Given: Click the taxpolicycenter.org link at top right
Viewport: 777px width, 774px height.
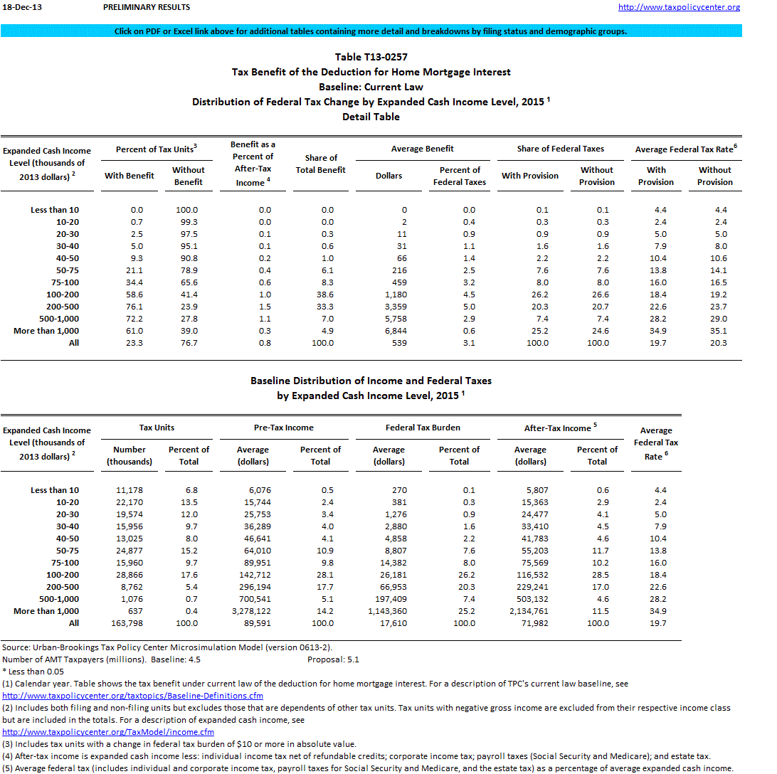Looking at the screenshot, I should point(679,7).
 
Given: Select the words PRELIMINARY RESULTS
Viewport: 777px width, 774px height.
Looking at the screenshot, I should point(147,7).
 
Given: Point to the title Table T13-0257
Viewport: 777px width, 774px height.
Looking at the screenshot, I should point(371,57).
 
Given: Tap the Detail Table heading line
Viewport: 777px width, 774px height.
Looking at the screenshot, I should point(371,117).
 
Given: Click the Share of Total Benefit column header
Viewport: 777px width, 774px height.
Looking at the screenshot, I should point(321,164).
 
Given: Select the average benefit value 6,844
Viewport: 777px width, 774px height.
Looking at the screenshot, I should point(393,331).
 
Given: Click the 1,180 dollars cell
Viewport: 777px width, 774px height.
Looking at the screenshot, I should point(395,295).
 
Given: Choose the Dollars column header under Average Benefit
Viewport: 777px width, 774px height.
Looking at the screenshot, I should point(388,176).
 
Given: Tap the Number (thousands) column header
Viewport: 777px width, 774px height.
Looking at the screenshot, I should point(129,455).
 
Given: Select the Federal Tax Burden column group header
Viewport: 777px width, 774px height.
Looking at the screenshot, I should point(423,428).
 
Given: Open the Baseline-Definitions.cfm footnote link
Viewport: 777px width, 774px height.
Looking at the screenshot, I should point(133,696).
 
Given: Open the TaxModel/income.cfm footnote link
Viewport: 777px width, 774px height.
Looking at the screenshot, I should point(108,732).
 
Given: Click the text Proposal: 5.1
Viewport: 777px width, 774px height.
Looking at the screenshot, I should point(333,659).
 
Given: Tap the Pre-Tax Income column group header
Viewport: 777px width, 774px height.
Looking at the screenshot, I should point(284,428).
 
